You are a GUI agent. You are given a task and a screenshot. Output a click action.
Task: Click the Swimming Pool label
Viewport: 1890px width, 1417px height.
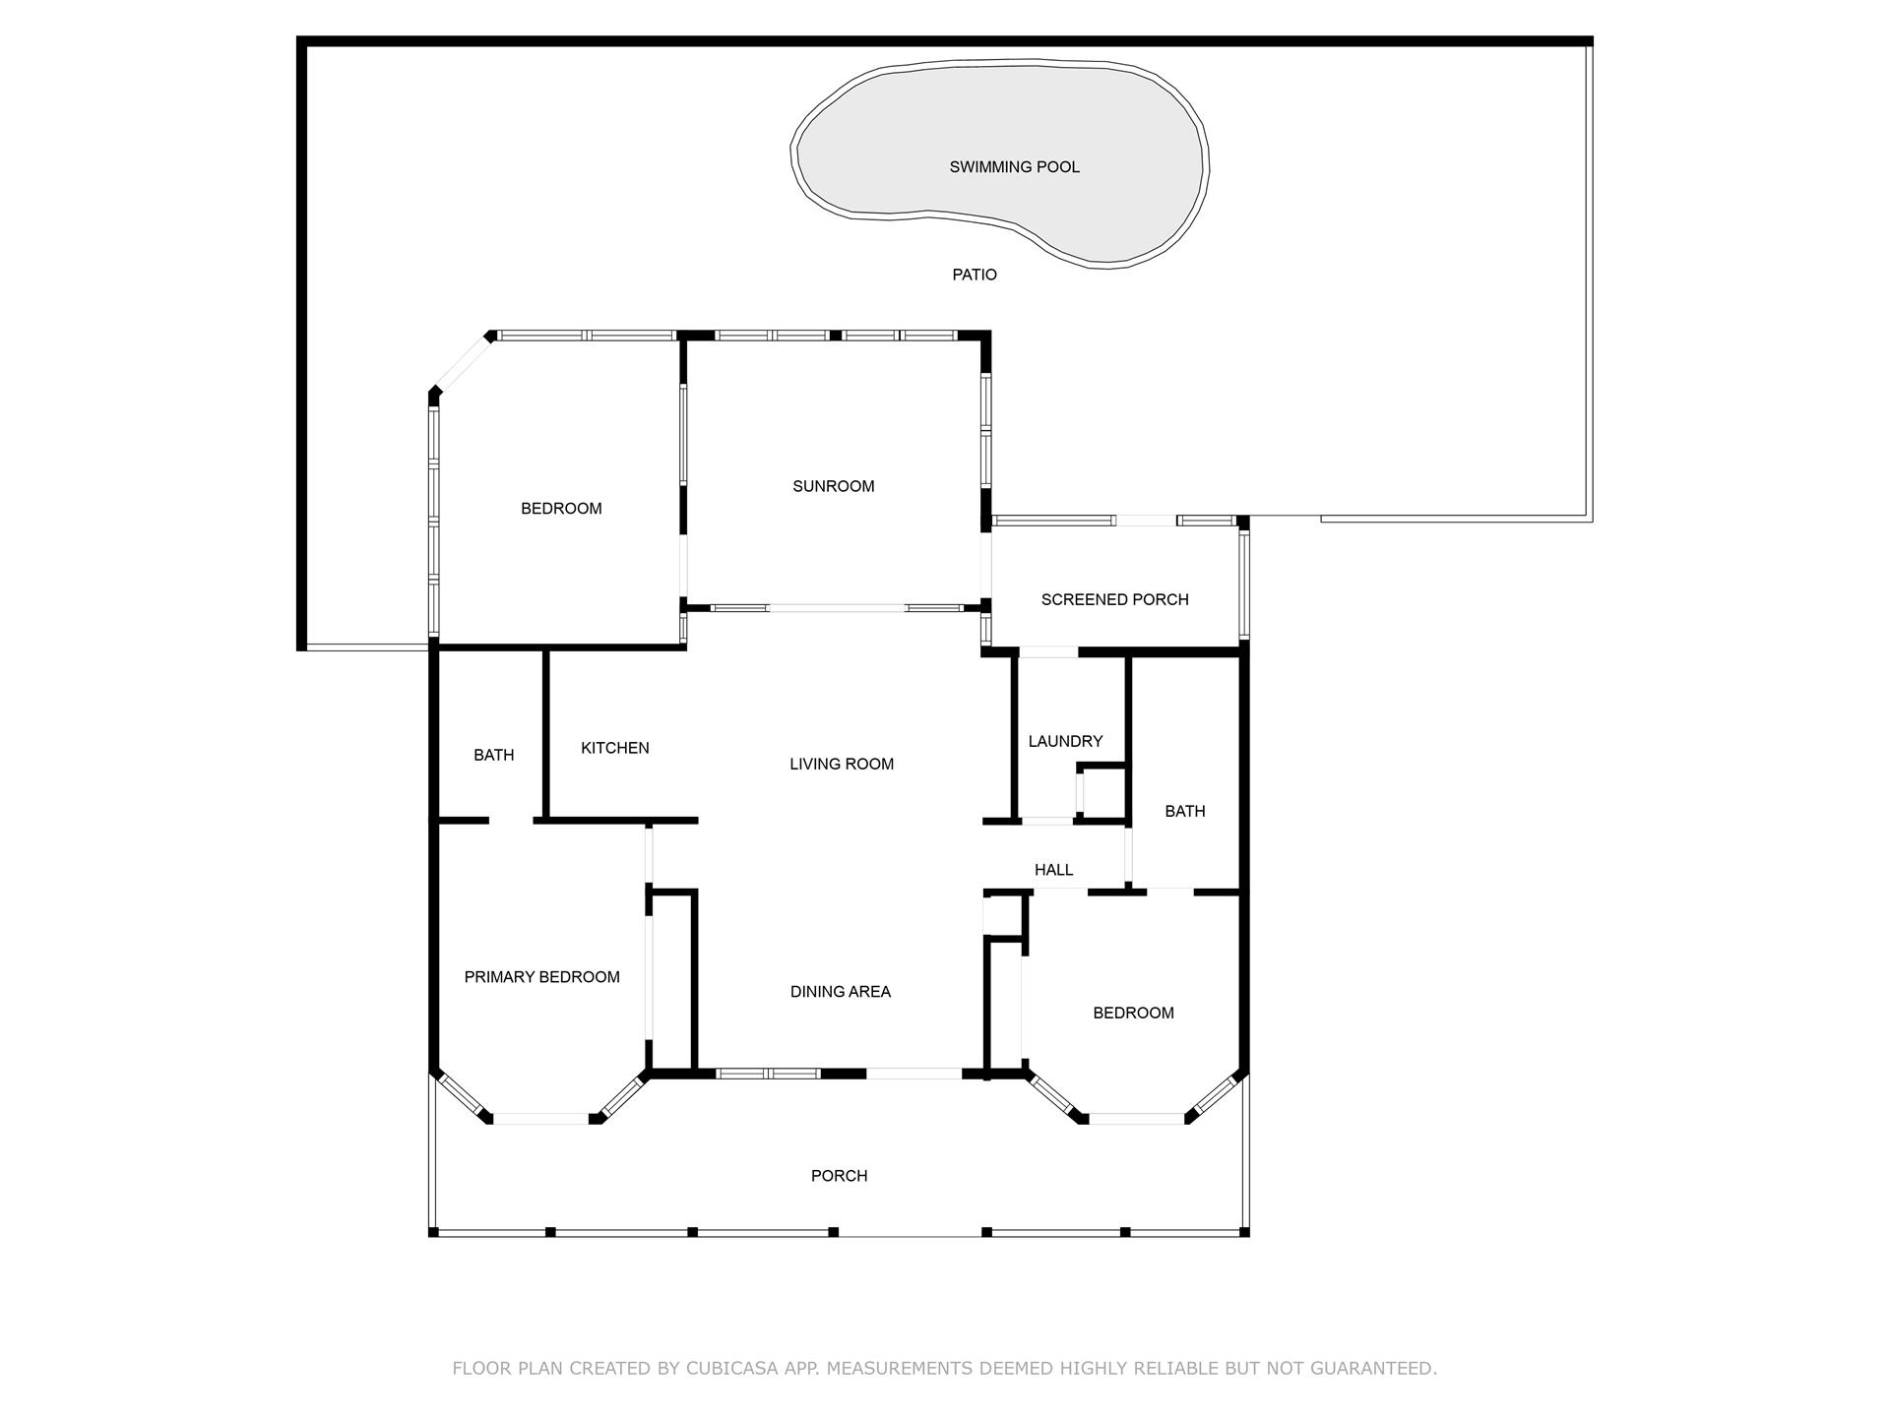[1014, 167]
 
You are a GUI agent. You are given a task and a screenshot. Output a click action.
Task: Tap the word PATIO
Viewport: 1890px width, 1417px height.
[974, 275]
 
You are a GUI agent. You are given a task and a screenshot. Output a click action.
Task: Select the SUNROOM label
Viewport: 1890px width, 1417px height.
[833, 486]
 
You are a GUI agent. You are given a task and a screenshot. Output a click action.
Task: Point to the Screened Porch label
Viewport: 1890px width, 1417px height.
[1114, 599]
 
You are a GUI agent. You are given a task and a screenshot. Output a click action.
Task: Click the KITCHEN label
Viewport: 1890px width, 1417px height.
[614, 748]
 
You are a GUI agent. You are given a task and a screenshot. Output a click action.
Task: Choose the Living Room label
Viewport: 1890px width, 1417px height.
[841, 764]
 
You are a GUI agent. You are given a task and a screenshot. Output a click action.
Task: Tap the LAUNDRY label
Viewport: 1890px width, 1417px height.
[1064, 741]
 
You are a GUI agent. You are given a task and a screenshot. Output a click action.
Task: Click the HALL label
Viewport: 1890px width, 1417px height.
[1053, 870]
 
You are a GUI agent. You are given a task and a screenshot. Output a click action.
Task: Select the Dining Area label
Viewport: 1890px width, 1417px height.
[840, 992]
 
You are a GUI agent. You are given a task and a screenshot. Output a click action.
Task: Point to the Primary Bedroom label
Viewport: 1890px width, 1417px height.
[541, 977]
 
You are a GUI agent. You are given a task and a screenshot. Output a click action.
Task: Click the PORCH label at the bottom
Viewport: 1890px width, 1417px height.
[839, 1176]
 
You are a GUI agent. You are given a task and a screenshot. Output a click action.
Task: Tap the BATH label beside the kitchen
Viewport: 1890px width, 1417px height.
[493, 755]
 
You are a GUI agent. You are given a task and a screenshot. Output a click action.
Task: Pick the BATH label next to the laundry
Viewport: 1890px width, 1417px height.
[1184, 811]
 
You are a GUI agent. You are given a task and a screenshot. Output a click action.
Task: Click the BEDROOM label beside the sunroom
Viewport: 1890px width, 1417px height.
[561, 509]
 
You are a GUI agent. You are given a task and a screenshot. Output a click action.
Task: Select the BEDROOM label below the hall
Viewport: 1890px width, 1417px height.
[1133, 1013]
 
